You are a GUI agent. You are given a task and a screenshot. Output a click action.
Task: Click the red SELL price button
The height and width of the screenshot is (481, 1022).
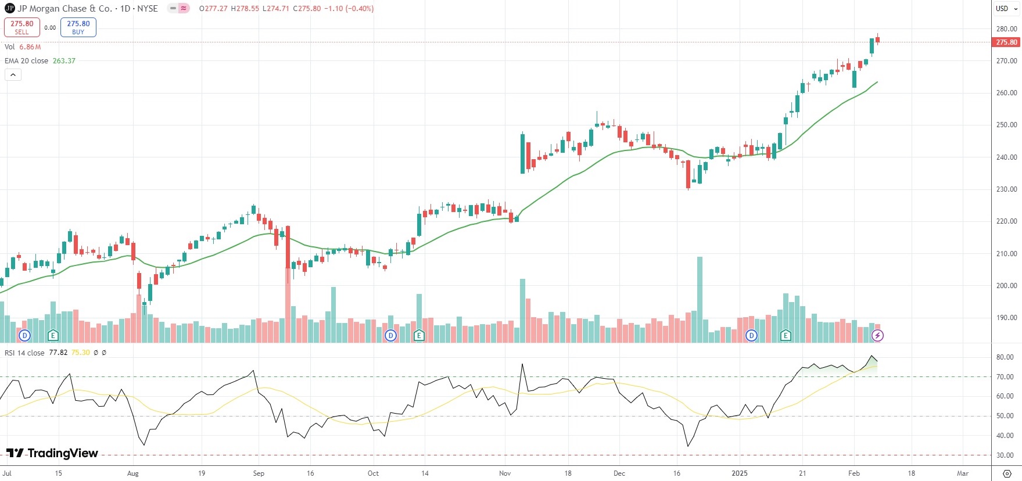22,27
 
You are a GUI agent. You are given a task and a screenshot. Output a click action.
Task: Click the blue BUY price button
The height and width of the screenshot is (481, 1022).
78,27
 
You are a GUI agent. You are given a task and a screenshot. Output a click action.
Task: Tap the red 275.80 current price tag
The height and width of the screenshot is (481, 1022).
1006,42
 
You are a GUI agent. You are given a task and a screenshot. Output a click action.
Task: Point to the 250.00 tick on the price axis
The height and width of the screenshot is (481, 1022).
1006,125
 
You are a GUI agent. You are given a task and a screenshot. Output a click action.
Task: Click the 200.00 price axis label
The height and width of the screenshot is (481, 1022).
1006,286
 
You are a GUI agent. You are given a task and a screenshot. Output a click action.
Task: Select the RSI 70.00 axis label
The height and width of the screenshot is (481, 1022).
1005,377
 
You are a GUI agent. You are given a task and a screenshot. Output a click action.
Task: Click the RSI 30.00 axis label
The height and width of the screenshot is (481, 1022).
1005,455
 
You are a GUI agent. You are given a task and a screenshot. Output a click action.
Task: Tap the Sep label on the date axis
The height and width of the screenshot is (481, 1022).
259,473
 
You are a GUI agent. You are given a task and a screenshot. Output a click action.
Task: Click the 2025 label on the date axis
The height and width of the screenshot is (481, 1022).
740,473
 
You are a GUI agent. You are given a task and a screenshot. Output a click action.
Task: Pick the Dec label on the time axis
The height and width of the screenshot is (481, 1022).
619,473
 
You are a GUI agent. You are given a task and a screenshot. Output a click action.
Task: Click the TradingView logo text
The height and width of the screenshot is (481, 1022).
52,453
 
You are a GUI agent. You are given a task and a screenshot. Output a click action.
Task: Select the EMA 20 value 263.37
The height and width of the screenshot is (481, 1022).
64,61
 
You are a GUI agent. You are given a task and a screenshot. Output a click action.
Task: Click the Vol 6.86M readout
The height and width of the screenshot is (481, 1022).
23,47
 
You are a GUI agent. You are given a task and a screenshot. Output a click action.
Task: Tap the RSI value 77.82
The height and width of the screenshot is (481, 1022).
58,353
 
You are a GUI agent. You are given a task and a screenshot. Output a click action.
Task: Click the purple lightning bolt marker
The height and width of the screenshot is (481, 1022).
877,335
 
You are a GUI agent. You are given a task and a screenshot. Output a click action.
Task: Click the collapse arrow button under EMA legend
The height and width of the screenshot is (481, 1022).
13,75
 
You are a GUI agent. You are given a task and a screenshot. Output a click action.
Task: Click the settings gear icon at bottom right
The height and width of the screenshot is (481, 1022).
1007,473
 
